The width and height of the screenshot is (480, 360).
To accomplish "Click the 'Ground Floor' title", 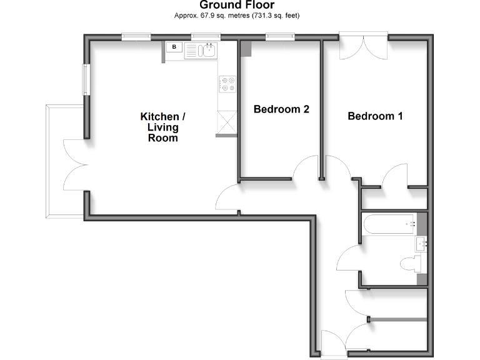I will [x=237, y=6].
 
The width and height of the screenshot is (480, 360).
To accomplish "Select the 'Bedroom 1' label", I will [x=375, y=116].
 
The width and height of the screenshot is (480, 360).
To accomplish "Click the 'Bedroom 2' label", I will [x=281, y=109].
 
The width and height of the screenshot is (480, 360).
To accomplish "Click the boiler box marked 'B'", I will [x=174, y=47].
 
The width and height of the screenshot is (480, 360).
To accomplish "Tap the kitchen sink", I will [x=208, y=51].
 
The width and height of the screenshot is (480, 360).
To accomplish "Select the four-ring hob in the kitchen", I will [x=227, y=84].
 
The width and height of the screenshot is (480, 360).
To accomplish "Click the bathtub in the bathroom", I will [x=388, y=224].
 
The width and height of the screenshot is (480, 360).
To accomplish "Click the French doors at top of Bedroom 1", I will [x=363, y=46].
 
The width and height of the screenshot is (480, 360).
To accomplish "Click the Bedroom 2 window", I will [x=280, y=37].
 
